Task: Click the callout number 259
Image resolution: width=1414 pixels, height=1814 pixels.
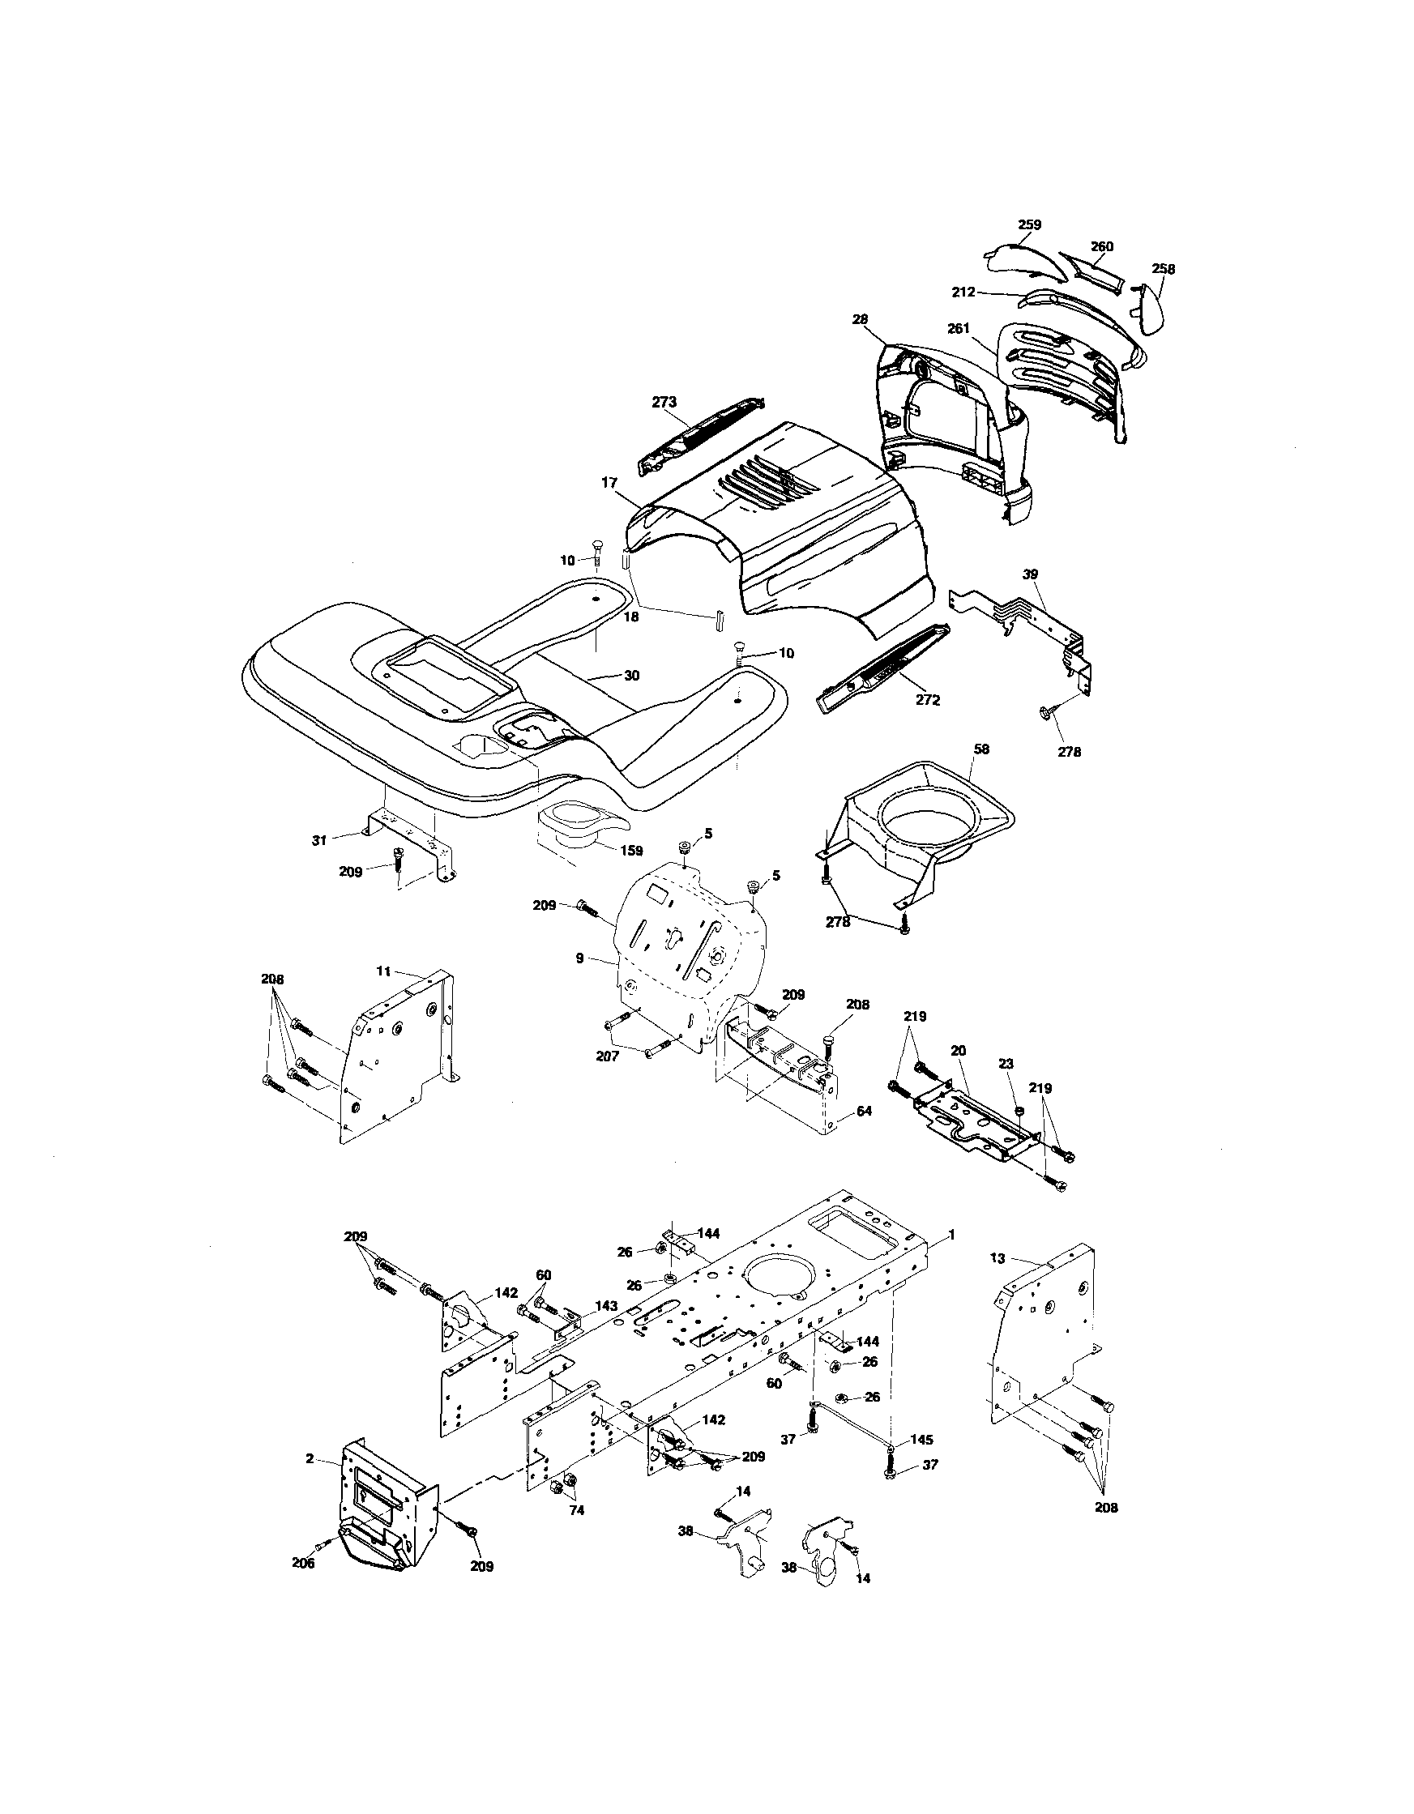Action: point(1029,224)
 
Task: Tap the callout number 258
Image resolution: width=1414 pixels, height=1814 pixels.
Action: point(1163,268)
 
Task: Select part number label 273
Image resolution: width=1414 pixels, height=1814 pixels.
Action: point(664,402)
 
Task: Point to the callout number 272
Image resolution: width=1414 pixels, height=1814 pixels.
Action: point(927,700)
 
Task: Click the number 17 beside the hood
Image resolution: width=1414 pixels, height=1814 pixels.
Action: point(610,481)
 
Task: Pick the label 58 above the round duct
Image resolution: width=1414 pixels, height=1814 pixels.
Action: point(981,749)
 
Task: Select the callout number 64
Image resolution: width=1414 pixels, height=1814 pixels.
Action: point(864,1111)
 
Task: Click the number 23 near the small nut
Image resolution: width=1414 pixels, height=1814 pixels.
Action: point(1006,1063)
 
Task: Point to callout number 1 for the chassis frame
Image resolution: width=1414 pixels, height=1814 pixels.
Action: point(952,1258)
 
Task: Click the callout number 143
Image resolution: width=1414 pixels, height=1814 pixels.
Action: point(606,1306)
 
